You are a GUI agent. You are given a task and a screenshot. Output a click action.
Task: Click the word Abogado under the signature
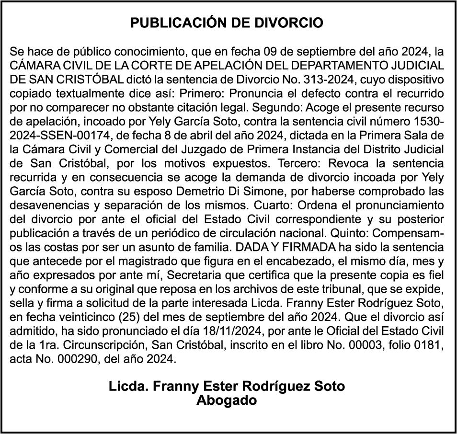[227, 400]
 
